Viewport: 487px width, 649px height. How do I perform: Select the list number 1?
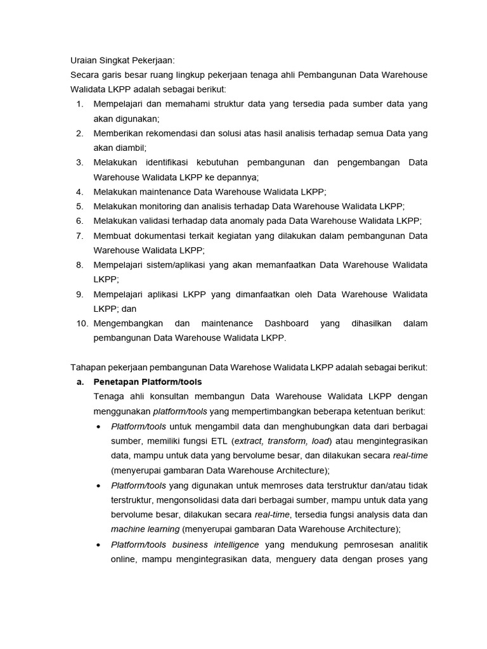pyautogui.click(x=79, y=104)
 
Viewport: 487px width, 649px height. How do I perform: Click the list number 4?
pyautogui.click(x=79, y=191)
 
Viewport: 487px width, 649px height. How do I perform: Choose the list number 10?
pyautogui.click(x=82, y=323)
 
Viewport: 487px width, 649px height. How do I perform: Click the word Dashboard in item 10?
pyautogui.click(x=287, y=323)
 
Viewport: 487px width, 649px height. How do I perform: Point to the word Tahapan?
pyautogui.click(x=88, y=367)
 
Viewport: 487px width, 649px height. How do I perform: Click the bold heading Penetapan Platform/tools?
pyautogui.click(x=147, y=382)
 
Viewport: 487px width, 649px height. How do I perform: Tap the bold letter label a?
pyautogui.click(x=80, y=382)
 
